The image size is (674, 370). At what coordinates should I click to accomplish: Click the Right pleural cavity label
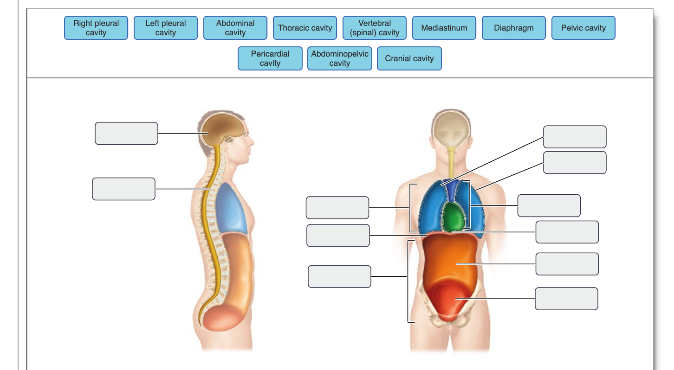[96, 28]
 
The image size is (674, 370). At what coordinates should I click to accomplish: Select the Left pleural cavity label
[166, 28]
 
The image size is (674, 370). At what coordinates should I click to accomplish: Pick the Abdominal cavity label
[235, 28]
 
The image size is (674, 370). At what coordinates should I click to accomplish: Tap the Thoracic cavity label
[305, 28]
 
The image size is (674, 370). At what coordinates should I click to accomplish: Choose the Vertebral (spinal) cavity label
[375, 28]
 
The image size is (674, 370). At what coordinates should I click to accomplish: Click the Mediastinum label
[444, 28]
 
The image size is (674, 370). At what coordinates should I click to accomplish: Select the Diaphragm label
[514, 28]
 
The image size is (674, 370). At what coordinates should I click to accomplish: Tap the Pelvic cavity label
[583, 28]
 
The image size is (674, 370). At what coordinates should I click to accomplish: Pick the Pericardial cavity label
[270, 58]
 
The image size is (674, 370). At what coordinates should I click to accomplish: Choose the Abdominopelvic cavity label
[340, 58]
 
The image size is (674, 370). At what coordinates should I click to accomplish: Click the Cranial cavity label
[409, 58]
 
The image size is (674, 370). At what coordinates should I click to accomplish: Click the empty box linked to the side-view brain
[126, 134]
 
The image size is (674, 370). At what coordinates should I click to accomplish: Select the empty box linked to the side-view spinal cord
[123, 189]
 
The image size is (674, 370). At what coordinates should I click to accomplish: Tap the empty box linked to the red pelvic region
[566, 299]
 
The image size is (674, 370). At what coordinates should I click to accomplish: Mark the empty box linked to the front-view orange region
[567, 264]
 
